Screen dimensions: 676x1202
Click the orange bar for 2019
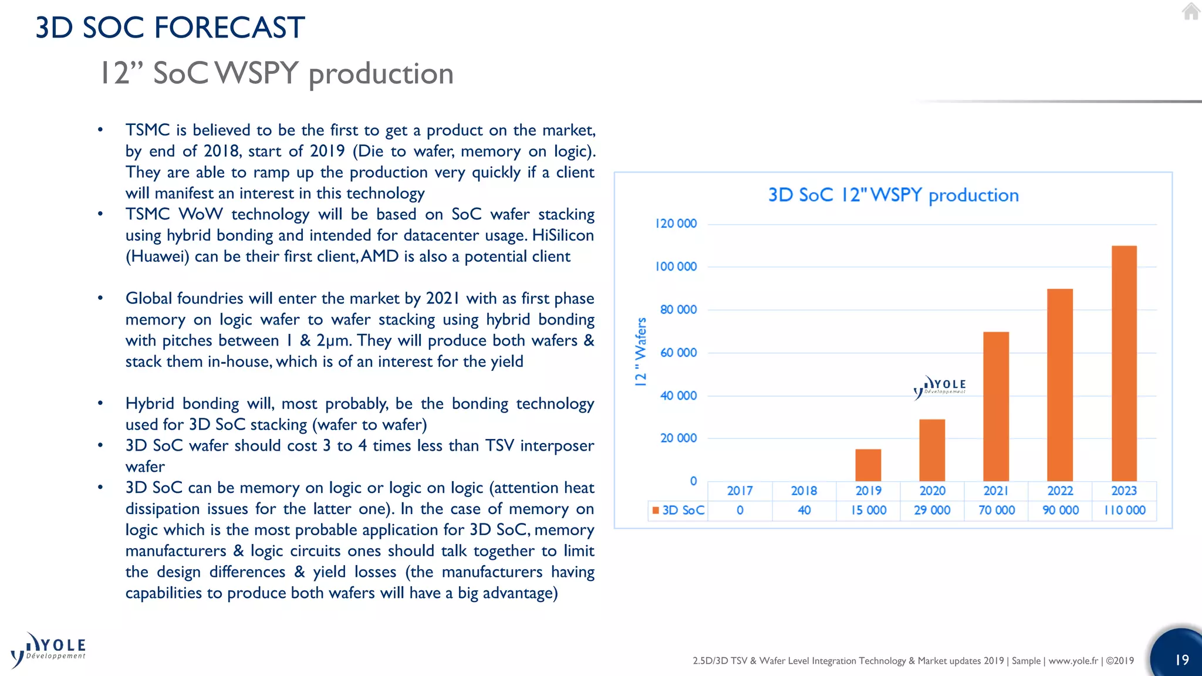pos(868,465)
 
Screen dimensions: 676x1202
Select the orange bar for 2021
pos(996,407)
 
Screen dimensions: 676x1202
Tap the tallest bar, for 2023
pos(1124,364)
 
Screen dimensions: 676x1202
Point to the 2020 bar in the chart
pos(932,450)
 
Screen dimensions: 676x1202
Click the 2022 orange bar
pos(1060,385)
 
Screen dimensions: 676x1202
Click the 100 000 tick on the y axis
pos(676,266)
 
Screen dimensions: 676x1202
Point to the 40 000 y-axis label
pos(678,396)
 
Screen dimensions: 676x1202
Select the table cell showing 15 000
pos(869,511)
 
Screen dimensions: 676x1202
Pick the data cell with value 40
pos(804,511)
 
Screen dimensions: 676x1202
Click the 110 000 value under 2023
pos(1125,511)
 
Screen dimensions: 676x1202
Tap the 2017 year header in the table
pos(740,491)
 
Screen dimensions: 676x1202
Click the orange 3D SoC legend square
pos(656,511)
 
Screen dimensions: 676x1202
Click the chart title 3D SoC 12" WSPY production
pos(893,195)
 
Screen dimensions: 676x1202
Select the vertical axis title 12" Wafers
pos(640,351)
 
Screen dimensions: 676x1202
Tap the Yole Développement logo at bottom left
pos(48,650)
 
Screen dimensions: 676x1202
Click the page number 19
pos(1181,660)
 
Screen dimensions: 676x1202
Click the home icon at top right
pos(1191,12)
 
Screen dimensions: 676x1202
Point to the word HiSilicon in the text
pos(563,235)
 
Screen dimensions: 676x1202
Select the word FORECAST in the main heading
pos(229,28)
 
